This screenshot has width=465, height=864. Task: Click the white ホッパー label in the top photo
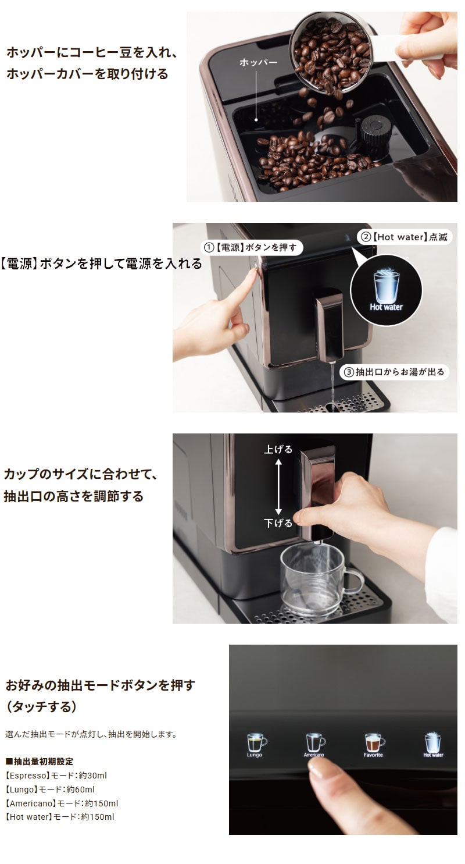click(258, 62)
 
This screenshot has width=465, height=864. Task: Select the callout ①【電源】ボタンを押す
click(252, 248)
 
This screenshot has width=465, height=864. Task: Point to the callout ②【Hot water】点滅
click(404, 237)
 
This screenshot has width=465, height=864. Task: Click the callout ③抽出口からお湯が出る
click(394, 372)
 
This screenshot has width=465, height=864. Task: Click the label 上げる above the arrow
click(278, 449)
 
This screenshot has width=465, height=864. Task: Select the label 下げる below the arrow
click(278, 523)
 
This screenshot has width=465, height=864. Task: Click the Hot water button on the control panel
click(433, 744)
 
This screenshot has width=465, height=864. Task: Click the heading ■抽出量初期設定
click(40, 762)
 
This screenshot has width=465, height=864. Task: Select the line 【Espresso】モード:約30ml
click(56, 776)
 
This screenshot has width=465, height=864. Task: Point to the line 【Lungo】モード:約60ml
click(50, 789)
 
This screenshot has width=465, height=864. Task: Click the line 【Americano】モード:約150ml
click(62, 803)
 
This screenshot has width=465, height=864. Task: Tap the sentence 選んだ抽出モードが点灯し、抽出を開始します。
click(91, 734)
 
